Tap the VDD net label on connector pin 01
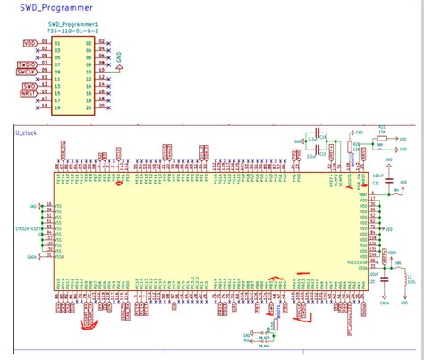tap(30, 42)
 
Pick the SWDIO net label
tap(26, 64)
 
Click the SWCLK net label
tap(26, 72)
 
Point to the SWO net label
tap(29, 86)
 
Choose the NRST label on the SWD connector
tap(29, 93)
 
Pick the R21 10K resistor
tap(383, 131)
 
